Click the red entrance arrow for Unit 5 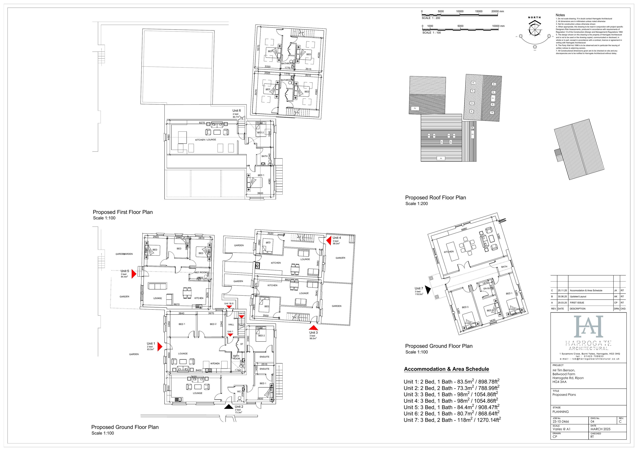(x=134, y=274)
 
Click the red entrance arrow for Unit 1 (x=159, y=347)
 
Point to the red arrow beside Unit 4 (x=329, y=239)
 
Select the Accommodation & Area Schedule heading (x=446, y=369)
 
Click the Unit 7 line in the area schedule (x=452, y=420)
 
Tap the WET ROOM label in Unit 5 (x=200, y=272)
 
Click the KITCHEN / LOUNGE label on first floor (x=205, y=140)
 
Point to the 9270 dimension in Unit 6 (x=202, y=123)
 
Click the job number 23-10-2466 (x=560, y=422)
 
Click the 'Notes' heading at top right (x=560, y=15)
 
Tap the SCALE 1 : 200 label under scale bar (x=431, y=18)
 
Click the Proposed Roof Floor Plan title (x=435, y=198)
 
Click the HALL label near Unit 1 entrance (x=231, y=325)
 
